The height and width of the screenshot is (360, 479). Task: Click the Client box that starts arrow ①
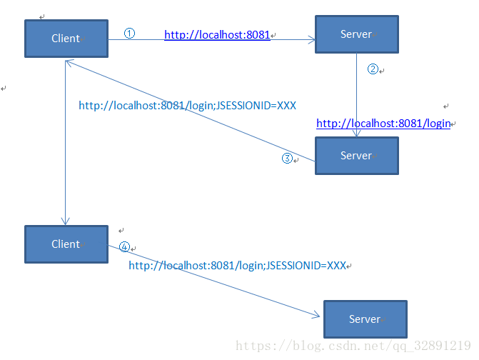(x=66, y=39)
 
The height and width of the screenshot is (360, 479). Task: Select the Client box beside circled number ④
(x=66, y=244)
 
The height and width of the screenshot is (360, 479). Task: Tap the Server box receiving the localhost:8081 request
(x=356, y=34)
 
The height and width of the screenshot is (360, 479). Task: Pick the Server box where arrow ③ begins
(x=356, y=156)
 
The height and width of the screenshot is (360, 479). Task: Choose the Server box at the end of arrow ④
(x=365, y=319)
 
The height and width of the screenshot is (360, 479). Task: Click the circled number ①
(x=129, y=34)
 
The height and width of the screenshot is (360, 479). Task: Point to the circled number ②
(x=373, y=69)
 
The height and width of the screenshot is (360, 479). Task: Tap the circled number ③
(x=287, y=159)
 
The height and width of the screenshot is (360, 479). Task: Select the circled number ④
(x=124, y=247)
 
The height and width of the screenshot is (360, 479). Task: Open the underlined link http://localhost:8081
(x=217, y=34)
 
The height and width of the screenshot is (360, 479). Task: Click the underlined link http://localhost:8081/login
(x=383, y=124)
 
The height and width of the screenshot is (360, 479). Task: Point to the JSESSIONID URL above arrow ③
(x=187, y=106)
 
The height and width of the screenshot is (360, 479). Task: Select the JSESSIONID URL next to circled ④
(x=237, y=266)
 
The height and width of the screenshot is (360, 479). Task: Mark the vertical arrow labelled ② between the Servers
(x=356, y=93)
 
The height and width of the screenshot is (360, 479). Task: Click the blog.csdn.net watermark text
(x=353, y=346)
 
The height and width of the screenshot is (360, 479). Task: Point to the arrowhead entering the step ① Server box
(x=311, y=41)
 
